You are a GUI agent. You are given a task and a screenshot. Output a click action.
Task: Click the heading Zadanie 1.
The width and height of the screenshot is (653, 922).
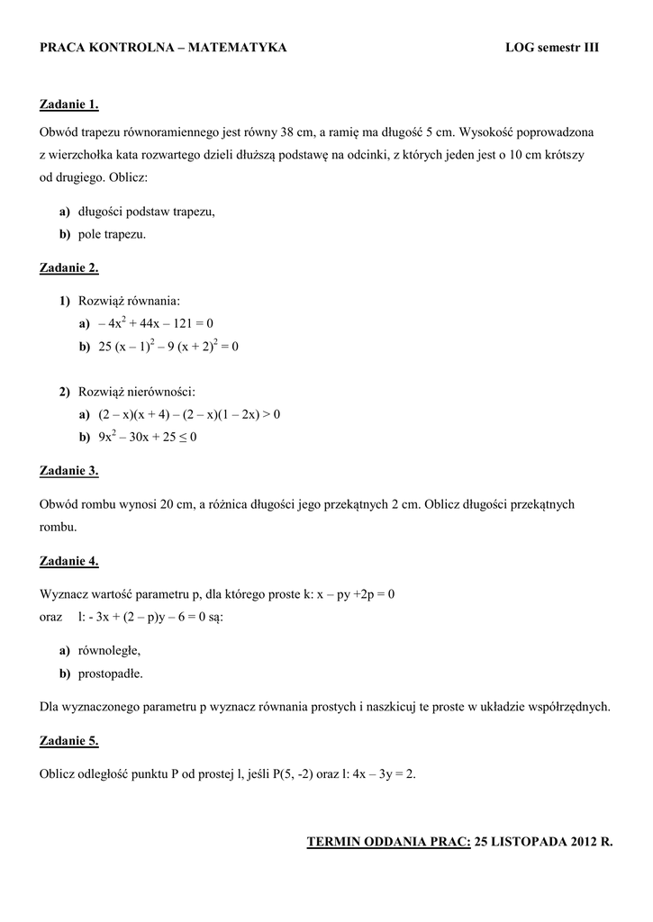coord(69,104)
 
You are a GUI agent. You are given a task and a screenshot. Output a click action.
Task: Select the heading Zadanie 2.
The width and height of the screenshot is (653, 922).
coord(69,267)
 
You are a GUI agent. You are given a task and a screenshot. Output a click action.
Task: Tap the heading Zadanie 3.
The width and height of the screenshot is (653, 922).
coord(69,470)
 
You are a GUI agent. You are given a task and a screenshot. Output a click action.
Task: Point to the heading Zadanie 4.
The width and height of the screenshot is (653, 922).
coord(69,561)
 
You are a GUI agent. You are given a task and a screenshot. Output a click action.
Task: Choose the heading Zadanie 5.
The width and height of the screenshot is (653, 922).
coord(69,740)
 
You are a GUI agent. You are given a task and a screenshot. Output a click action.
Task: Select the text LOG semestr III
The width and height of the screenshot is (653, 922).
coord(551,48)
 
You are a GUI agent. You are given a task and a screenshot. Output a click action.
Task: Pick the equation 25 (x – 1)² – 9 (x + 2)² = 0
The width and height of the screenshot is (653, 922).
coord(168,346)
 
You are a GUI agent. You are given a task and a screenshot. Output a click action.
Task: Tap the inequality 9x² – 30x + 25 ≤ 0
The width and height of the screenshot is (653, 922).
coord(148,437)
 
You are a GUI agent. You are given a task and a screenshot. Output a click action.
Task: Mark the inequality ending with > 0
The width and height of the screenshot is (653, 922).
coord(189,414)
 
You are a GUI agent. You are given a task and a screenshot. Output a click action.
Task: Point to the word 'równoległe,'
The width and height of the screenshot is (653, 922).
coord(109,650)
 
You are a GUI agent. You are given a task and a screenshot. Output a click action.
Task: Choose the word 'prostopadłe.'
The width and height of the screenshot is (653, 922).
coord(111,673)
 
